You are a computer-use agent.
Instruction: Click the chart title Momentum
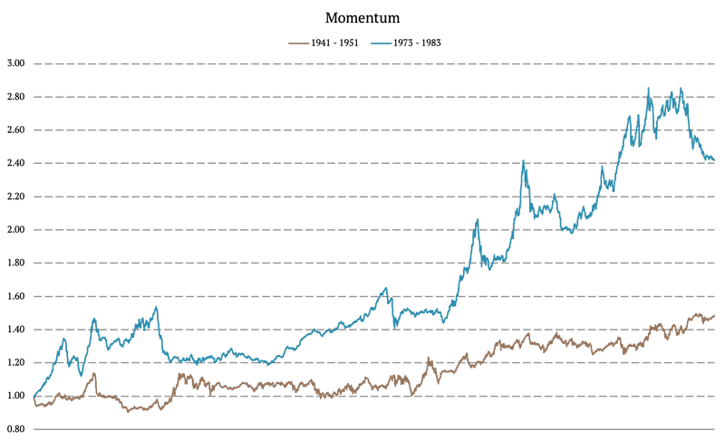[362, 18]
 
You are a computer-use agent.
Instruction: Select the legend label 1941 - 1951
[334, 43]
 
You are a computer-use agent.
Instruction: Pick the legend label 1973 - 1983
[417, 43]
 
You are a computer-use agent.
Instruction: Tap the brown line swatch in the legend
[298, 43]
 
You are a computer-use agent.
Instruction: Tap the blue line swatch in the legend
[381, 43]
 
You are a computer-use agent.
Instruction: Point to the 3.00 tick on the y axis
[15, 63]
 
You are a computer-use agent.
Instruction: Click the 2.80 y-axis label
[15, 97]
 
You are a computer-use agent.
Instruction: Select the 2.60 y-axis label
[15, 130]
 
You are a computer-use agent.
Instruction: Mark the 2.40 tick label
[15, 163]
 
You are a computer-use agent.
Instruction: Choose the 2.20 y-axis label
[15, 197]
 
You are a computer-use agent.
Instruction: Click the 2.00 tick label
[15, 229]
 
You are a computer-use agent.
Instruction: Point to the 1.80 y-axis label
[15, 263]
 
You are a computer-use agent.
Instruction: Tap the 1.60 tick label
[15, 296]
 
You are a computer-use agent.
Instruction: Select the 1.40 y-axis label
[15, 330]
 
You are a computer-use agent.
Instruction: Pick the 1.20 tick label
[15, 362]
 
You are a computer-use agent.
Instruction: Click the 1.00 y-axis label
[15, 396]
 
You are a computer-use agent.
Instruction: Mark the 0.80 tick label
[15, 429]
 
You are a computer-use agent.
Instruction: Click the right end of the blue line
[714, 160]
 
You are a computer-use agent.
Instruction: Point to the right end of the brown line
[714, 316]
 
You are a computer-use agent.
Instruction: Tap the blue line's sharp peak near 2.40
[523, 160]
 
